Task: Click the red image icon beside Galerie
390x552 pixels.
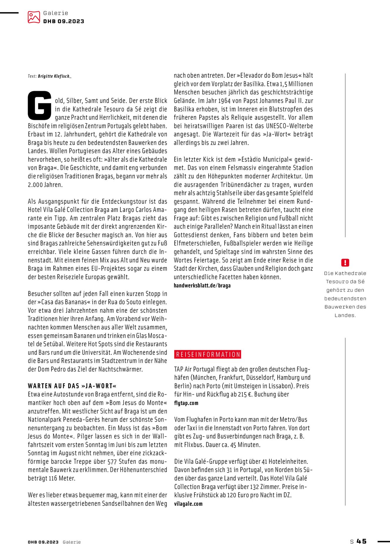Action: tap(34, 17)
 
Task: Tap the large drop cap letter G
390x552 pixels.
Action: tap(39, 105)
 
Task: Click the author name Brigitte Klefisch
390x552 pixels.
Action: tap(54, 76)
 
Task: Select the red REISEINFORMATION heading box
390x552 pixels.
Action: tap(208, 354)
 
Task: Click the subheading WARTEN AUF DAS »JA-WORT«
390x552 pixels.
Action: tap(72, 386)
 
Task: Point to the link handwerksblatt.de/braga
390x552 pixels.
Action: tap(202, 286)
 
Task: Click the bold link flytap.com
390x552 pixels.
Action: tap(186, 403)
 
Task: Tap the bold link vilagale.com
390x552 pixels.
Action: tap(188, 504)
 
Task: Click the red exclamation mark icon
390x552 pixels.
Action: tap(345, 262)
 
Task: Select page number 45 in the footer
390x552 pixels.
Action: tap(361, 541)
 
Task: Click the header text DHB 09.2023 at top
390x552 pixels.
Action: tap(64, 21)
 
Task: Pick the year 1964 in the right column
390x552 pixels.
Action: tap(224, 101)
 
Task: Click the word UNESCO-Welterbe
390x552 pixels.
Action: tap(289, 126)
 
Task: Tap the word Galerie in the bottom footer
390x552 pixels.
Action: tap(71, 542)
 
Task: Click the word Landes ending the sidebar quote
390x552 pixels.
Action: tap(345, 315)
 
